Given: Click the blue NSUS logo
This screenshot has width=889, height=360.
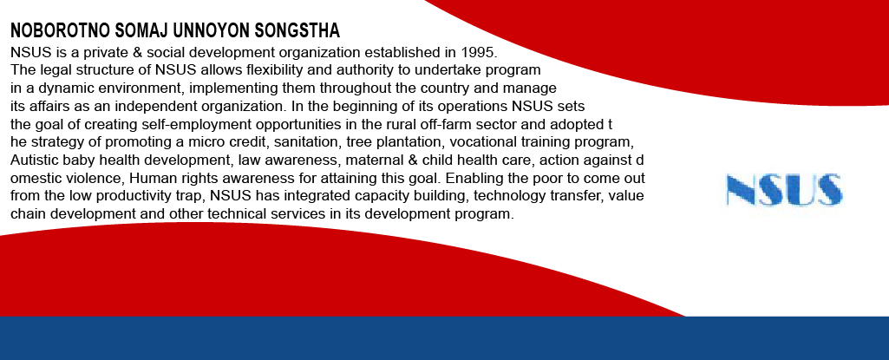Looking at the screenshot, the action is tap(784, 190).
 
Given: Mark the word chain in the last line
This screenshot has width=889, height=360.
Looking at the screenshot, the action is tap(25, 214).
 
